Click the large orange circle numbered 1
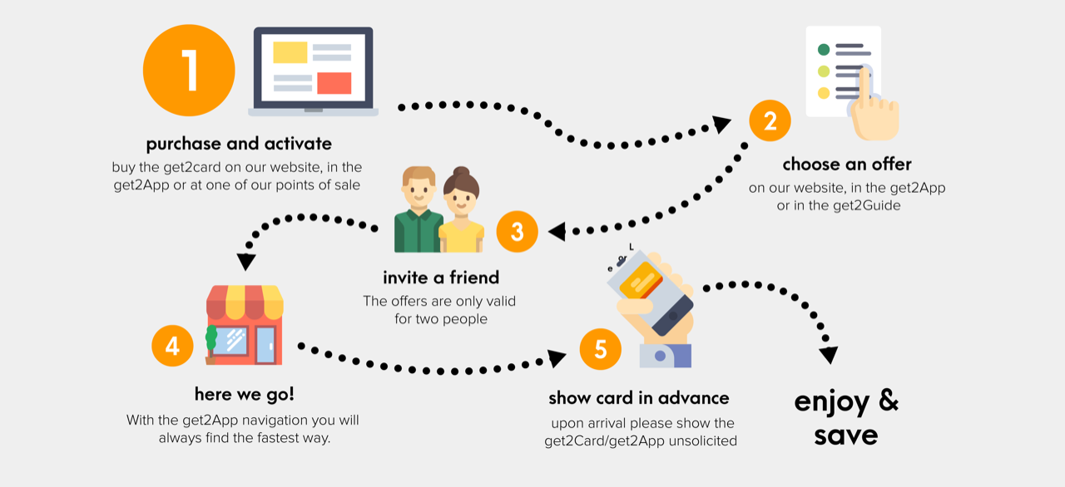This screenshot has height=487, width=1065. pos(189,70)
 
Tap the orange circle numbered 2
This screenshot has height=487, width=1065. pos(770,121)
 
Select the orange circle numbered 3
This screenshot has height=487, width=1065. pos(517,232)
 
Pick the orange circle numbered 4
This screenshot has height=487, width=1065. pos(172,345)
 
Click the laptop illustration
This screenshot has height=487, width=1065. pos(313,71)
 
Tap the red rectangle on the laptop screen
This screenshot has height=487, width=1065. pos(334,83)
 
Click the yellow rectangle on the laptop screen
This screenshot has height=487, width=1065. pos(290,52)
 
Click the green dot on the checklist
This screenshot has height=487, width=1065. pos(824,50)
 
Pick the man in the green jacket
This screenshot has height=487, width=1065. pos(418,212)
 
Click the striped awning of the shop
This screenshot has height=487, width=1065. pos(245,303)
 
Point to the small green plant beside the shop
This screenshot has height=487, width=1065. pos(211,341)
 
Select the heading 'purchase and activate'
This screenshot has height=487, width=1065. pos(239,144)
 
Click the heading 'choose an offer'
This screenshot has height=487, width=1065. pos(847,164)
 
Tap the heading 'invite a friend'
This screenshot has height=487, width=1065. pos(441,277)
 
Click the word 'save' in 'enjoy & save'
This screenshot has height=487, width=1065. pos(846,435)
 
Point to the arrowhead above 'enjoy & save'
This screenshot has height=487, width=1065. pos(828,355)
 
